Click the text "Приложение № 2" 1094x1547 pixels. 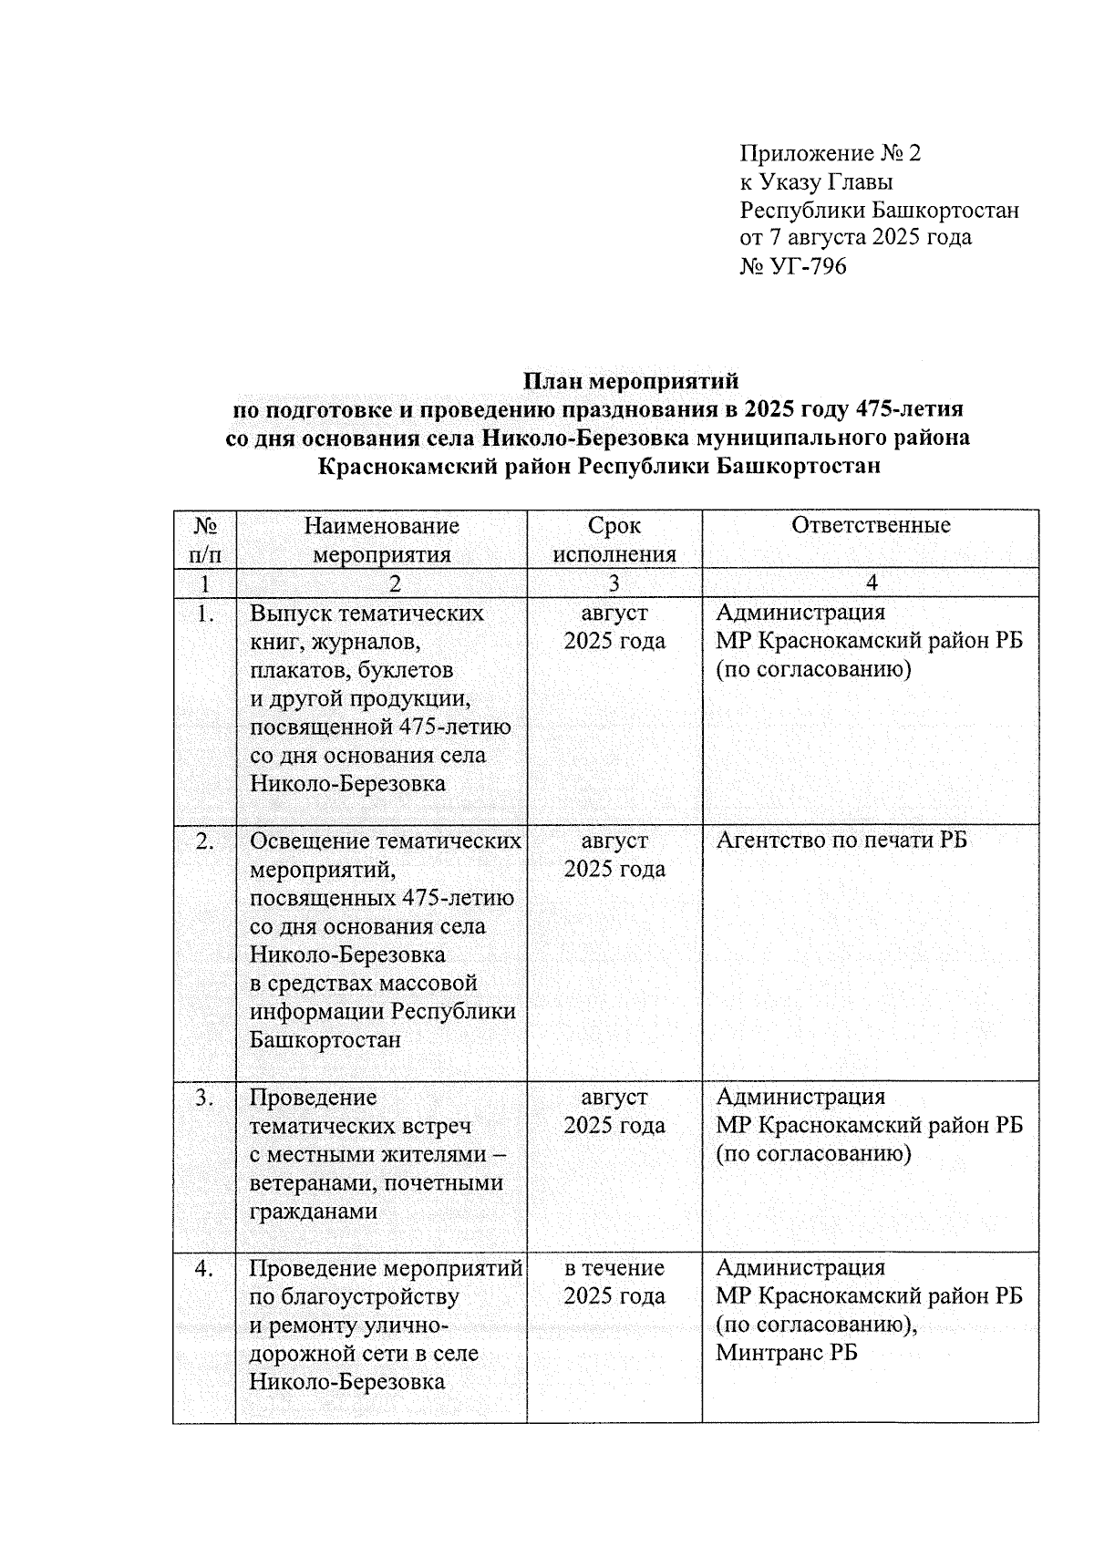(x=830, y=153)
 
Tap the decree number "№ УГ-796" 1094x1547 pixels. (x=793, y=266)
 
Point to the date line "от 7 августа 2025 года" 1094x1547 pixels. (x=855, y=238)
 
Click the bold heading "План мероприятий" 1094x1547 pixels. (x=630, y=380)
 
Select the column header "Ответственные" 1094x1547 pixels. (x=871, y=525)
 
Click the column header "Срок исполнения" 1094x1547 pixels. (x=614, y=540)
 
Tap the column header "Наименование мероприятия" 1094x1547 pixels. (x=381, y=540)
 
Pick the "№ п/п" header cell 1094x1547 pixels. (x=205, y=540)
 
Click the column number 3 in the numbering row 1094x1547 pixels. (x=614, y=583)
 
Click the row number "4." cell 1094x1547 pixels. (x=205, y=1268)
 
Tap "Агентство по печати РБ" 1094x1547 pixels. (x=841, y=841)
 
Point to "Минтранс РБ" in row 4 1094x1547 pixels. (x=786, y=1353)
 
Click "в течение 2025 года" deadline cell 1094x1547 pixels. (x=614, y=1282)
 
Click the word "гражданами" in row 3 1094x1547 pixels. (x=313, y=1212)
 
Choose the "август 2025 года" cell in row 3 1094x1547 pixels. (x=614, y=1111)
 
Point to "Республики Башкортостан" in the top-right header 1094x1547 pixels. (x=879, y=210)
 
